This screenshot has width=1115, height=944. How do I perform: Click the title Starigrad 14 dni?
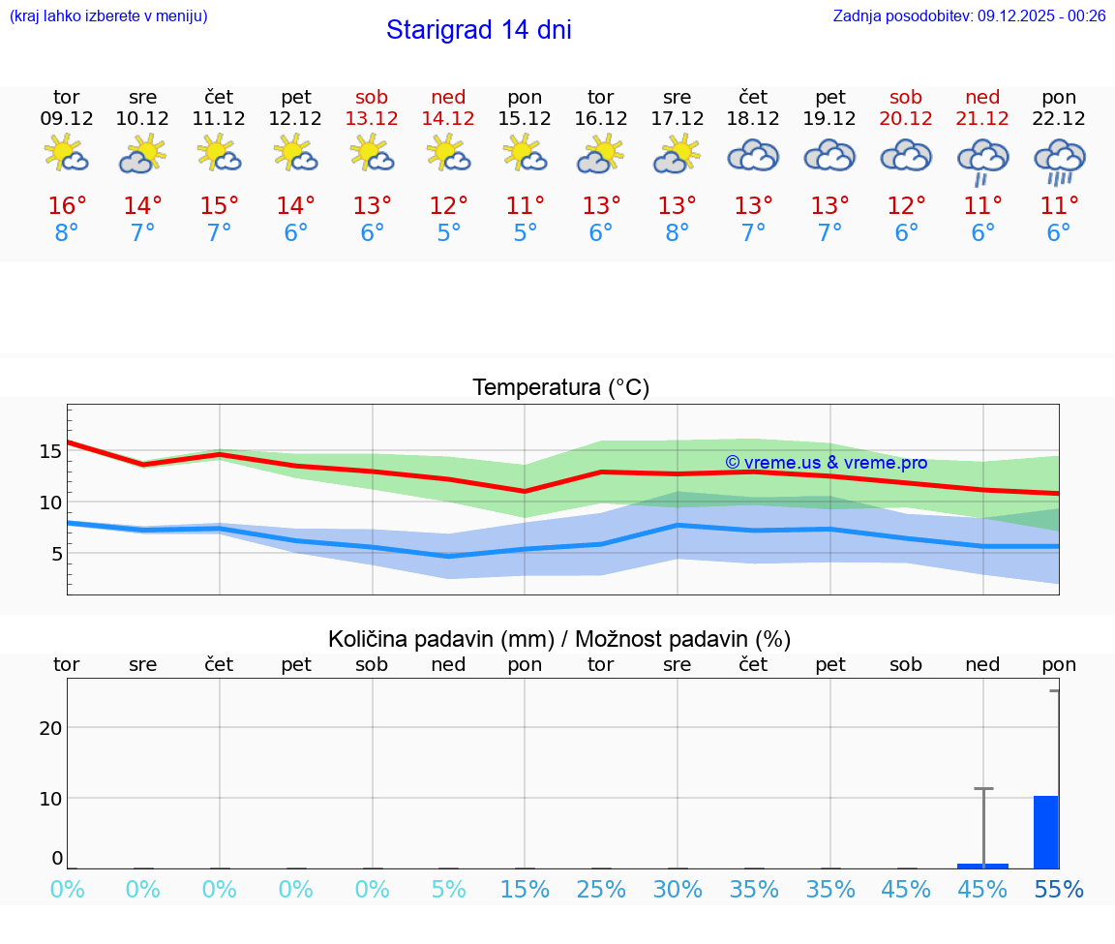pos(478,30)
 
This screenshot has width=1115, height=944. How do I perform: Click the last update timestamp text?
pos(969,15)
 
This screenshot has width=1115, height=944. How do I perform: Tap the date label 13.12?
pos(372,118)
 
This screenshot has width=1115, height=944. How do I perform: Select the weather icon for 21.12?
pos(982,161)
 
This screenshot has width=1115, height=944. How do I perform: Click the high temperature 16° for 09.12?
pos(67,206)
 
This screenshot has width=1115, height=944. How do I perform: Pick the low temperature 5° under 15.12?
pos(525,233)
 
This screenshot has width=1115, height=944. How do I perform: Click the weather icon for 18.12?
pos(753,156)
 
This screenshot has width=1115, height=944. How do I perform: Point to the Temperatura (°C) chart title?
pos(560,388)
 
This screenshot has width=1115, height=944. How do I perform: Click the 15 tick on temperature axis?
pos(50,451)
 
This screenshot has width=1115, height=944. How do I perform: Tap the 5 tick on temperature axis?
pos(56,554)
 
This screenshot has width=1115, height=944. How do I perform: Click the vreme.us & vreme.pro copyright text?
pos(826,463)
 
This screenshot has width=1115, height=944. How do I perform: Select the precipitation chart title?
pos(559,639)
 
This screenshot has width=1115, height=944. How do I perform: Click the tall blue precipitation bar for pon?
pos(1045,833)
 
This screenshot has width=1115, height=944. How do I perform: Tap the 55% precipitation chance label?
pos(1058,890)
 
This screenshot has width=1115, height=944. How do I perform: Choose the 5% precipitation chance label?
pos(448,890)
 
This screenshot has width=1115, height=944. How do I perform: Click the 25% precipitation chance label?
pos(600,890)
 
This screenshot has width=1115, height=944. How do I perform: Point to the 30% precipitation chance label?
pos(677,890)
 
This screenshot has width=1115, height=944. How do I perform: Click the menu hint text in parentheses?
pos(107,15)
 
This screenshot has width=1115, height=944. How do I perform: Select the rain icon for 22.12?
pos(1059,161)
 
